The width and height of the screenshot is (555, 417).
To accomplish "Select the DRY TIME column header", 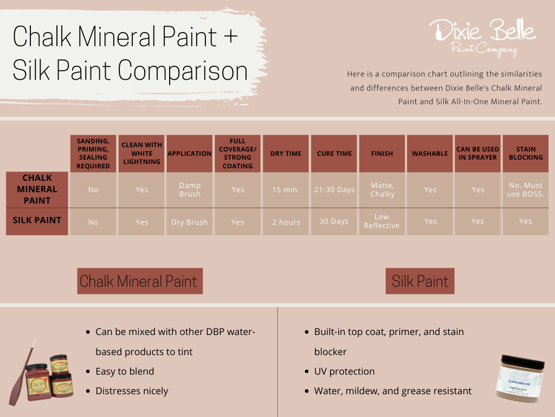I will click(286, 154).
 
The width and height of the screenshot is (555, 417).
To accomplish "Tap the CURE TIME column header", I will click(334, 154).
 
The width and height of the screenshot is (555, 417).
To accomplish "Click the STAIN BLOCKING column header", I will click(525, 154).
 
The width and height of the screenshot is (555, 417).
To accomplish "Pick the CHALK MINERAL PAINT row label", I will click(37, 189).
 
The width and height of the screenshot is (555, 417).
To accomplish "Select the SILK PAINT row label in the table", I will click(37, 221).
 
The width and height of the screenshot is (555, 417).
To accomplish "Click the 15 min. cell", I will click(286, 189).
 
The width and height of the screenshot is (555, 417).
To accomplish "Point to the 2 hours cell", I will click(286, 222).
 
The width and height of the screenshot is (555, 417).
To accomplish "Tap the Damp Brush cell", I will click(190, 189).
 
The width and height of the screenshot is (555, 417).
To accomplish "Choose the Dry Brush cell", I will click(190, 222).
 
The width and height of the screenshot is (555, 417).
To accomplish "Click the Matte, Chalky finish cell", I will click(382, 189).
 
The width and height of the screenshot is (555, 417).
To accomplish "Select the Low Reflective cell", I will click(382, 221).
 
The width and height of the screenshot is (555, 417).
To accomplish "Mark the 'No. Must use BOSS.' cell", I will click(525, 189).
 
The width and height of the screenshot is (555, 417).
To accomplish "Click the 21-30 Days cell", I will click(334, 189).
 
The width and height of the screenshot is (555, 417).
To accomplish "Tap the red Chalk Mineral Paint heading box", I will click(140, 281).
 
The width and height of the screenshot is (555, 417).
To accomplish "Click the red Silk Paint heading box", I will click(420, 281).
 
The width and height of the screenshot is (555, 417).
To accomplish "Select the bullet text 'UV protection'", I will click(344, 371).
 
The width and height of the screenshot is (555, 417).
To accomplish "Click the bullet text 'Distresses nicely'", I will click(132, 391).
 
